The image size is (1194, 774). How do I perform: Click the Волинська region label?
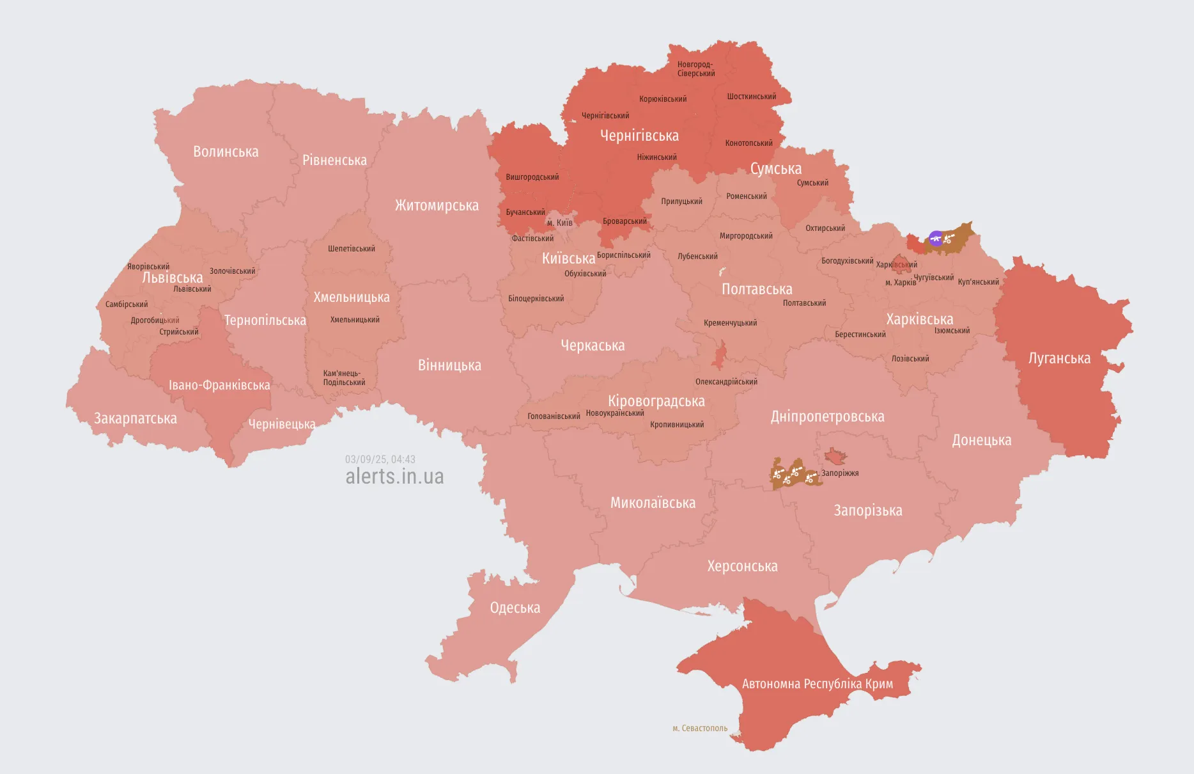click(226, 152)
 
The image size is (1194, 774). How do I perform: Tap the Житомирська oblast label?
click(437, 205)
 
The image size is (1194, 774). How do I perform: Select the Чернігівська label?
click(639, 136)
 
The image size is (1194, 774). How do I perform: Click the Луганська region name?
click(1059, 358)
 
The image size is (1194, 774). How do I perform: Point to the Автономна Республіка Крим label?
click(817, 684)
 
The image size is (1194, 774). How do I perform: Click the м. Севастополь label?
click(700, 728)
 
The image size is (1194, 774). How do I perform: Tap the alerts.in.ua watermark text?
click(394, 477)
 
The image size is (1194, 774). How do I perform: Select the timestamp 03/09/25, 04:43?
click(380, 459)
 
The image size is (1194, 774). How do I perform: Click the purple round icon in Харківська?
click(936, 239)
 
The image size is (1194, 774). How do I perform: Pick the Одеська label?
click(515, 608)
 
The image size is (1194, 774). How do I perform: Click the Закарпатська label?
click(136, 418)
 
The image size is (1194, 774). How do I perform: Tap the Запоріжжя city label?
click(840, 473)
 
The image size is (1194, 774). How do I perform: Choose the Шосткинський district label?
click(751, 97)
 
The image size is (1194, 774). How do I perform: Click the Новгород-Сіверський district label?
click(695, 69)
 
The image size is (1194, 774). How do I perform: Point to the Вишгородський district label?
click(532, 177)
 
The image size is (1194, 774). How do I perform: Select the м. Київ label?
click(560, 223)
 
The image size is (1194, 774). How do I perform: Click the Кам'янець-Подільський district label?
click(344, 378)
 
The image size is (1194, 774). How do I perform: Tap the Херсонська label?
click(742, 566)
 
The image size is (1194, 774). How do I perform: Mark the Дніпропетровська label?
click(827, 416)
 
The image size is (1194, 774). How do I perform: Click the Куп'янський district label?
click(978, 282)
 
